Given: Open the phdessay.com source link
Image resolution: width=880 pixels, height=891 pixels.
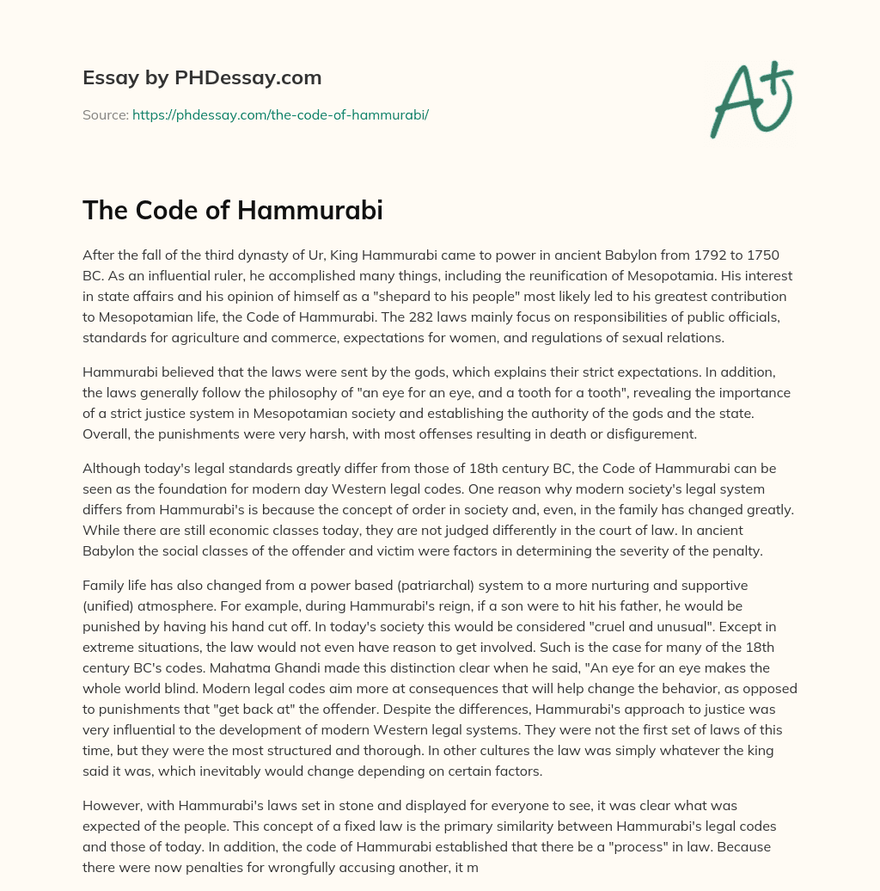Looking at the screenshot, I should [280, 114].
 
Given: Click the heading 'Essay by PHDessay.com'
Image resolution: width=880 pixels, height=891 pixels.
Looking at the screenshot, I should [202, 78].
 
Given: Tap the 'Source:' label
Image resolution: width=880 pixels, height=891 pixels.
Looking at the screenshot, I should [105, 114].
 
